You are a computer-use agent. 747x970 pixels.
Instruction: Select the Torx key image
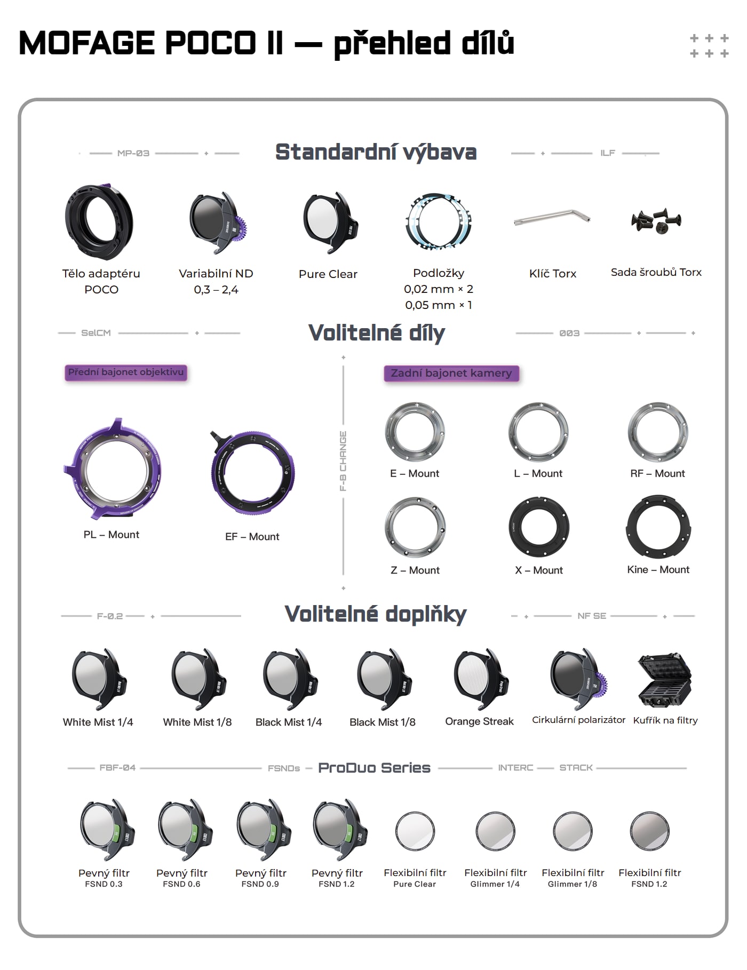552,217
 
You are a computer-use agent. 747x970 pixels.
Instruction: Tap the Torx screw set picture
656,220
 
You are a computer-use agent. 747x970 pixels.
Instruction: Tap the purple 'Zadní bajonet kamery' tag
451,373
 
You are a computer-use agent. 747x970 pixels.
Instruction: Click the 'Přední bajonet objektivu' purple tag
126,372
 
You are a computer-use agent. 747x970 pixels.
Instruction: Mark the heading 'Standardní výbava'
376,153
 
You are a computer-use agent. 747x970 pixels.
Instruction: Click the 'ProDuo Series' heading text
374,768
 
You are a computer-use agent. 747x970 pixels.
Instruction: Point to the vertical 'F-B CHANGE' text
343,460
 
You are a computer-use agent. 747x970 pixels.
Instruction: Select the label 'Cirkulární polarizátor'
578,720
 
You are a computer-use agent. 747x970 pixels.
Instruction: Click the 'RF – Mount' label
657,473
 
